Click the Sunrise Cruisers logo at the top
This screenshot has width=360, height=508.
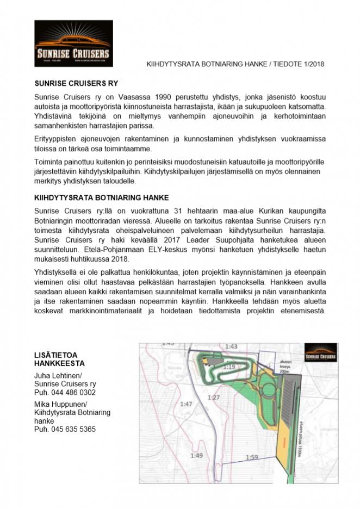click(73, 44)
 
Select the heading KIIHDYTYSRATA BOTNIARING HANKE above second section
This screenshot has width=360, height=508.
click(102, 197)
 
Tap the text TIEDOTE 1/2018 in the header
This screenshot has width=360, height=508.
click(299, 64)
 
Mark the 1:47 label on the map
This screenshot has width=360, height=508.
click(187, 404)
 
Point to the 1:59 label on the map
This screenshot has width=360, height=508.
click(251, 457)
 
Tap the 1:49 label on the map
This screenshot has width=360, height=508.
click(196, 455)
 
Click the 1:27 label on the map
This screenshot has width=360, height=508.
click(213, 398)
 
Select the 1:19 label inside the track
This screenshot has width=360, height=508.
click(228, 368)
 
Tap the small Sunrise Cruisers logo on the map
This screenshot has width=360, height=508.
click(320, 352)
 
